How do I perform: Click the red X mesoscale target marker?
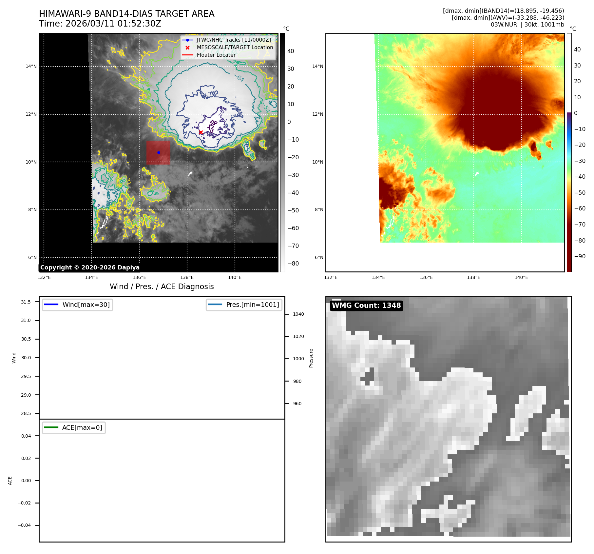(x=201, y=132)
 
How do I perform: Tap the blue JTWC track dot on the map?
(x=159, y=152)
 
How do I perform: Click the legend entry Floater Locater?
(x=216, y=55)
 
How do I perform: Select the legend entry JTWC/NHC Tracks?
(x=234, y=40)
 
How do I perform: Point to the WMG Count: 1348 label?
(x=366, y=306)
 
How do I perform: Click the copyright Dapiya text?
(x=90, y=267)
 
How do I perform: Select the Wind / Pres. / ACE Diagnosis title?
(x=162, y=287)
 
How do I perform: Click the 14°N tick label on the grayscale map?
(x=31, y=67)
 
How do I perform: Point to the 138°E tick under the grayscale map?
(x=187, y=278)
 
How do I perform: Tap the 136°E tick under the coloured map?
(x=426, y=278)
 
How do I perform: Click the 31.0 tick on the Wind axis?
(x=26, y=321)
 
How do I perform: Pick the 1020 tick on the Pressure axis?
(x=298, y=337)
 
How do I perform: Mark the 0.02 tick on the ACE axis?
(x=26, y=458)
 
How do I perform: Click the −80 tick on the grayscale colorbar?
(x=293, y=264)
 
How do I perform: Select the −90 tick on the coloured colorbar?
(x=580, y=256)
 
